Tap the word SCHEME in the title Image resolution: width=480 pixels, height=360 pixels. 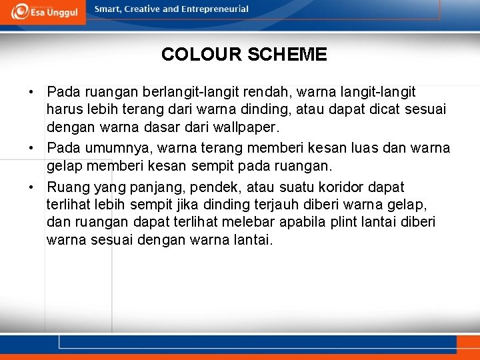[x=287, y=55]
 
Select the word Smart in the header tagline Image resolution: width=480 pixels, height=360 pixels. [x=109, y=9]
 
